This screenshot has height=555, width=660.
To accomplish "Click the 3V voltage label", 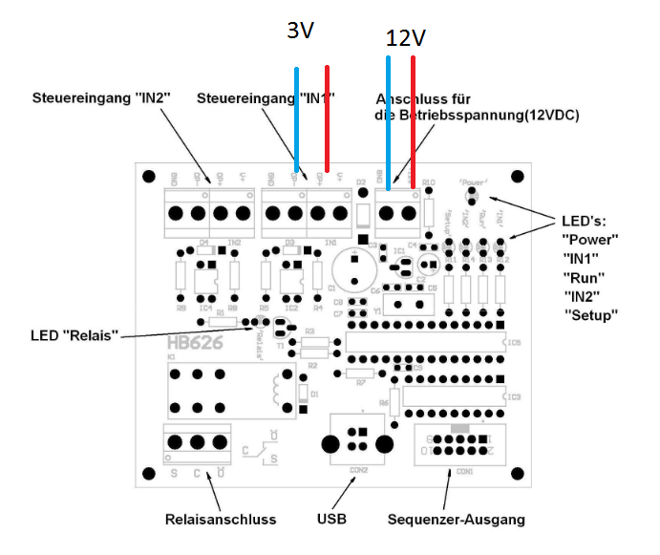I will click(301, 31).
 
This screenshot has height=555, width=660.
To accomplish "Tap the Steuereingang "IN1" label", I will click(266, 98).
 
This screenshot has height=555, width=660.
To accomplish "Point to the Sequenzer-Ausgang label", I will click(457, 520).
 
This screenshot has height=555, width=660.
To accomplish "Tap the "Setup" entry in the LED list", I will click(592, 314).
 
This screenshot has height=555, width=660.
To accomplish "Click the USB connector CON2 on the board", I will click(357, 440).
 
